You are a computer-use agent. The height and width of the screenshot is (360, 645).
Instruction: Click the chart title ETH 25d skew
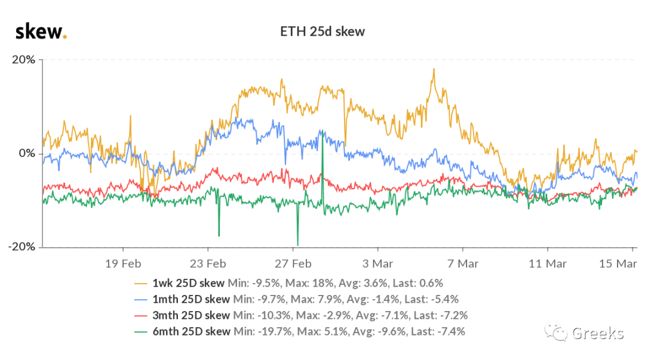click(322, 32)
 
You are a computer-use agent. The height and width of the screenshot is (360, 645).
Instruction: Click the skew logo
click(41, 32)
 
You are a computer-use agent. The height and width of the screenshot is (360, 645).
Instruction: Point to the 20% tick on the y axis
click(23, 60)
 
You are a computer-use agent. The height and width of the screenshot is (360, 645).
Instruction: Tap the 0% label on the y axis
click(27, 153)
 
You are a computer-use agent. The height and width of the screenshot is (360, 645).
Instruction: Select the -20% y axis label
click(22, 247)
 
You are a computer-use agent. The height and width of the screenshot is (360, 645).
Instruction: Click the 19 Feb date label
click(123, 264)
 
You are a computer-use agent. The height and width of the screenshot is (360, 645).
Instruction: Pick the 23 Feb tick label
click(208, 264)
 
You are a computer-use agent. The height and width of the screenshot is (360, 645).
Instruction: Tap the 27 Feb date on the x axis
click(293, 264)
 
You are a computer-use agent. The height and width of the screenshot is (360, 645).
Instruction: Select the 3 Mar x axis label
click(377, 264)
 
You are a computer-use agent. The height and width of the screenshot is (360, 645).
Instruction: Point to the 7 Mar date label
click(463, 264)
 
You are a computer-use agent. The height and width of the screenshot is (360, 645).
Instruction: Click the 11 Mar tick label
click(548, 264)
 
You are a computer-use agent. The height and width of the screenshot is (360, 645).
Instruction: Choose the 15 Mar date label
click(618, 264)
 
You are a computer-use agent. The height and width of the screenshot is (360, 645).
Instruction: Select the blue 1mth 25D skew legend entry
click(297, 299)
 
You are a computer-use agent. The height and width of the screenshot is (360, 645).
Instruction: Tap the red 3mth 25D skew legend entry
click(301, 315)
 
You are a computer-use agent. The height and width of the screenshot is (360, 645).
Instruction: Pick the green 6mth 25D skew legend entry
click(300, 331)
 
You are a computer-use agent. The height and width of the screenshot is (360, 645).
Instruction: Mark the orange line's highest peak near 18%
click(434, 69)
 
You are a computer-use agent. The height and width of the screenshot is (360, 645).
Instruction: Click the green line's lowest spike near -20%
click(297, 245)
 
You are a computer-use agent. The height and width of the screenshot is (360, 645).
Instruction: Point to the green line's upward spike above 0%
click(322, 131)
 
